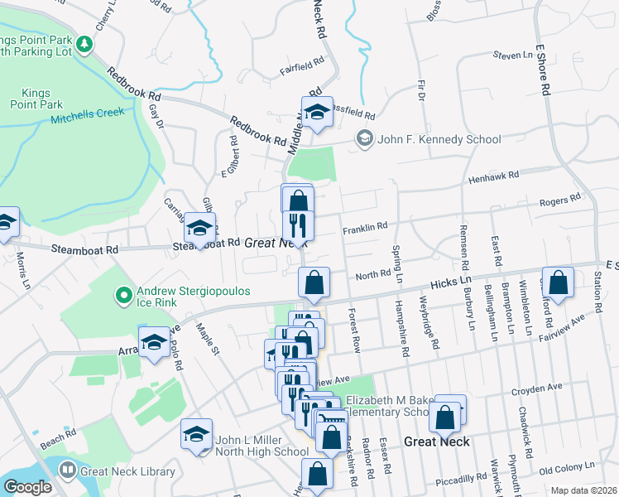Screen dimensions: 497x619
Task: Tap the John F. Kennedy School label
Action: [x=439, y=139]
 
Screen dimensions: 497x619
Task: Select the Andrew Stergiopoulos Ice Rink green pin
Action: [x=123, y=294]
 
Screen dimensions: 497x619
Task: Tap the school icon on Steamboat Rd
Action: [x=199, y=228]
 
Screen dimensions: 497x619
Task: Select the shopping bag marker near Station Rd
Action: [x=559, y=282]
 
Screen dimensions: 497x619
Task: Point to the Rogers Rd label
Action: [x=559, y=200]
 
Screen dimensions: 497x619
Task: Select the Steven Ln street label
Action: [x=513, y=55]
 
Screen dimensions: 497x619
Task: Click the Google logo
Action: [x=27, y=486]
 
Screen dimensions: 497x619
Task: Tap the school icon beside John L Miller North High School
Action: [x=197, y=433]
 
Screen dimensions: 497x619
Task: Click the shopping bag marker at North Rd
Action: [x=314, y=283]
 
